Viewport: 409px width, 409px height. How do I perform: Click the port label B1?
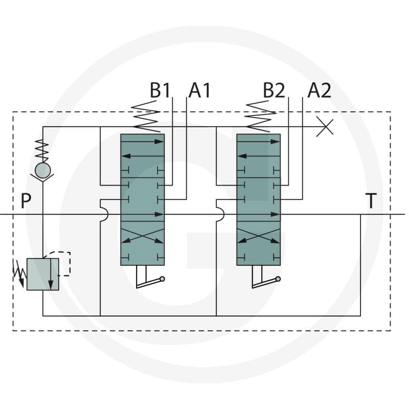160,90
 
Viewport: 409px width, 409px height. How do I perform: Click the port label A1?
199,90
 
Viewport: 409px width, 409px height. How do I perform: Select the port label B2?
274,90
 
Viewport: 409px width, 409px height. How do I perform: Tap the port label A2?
319,90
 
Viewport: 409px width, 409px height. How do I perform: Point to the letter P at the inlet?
26,200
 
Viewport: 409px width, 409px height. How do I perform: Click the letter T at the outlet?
371,200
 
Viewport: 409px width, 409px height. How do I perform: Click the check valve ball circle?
43,171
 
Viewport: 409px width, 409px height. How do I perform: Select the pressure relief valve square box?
43,274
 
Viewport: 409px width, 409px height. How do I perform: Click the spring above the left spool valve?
146,117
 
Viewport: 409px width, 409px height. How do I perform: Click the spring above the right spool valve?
261,117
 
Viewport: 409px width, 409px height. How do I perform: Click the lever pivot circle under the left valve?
162,279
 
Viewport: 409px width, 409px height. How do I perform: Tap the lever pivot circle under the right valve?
278,279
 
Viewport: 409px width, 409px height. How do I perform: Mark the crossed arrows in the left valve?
143,236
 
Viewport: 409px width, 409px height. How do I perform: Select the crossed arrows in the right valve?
259,236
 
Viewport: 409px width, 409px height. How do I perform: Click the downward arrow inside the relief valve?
51,274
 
